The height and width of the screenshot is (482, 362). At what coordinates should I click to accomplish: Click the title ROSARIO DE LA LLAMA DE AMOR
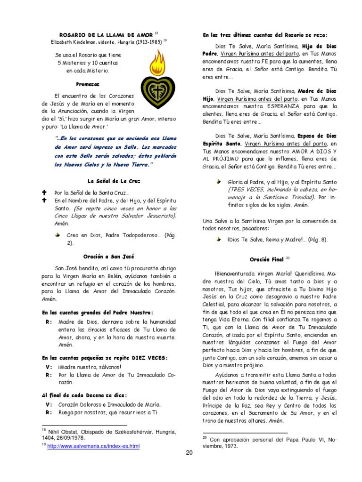click(x=106, y=35)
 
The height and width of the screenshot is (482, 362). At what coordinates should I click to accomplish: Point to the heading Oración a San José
click(x=109, y=257)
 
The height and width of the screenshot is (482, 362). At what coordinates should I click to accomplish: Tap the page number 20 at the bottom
click(x=189, y=453)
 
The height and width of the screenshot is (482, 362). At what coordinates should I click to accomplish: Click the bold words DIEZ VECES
click(x=149, y=358)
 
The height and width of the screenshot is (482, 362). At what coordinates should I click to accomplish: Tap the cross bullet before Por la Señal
click(x=45, y=193)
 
